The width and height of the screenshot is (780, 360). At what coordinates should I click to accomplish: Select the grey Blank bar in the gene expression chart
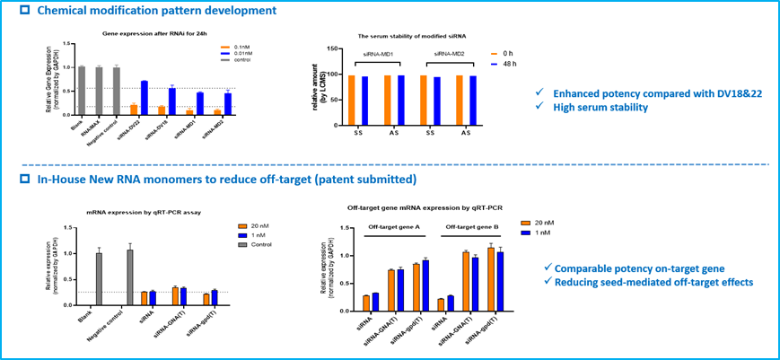pos(82,91)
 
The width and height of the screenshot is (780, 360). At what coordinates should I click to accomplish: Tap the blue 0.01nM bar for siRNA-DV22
pos(144,98)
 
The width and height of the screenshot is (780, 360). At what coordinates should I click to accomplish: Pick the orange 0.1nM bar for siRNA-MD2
pos(218,112)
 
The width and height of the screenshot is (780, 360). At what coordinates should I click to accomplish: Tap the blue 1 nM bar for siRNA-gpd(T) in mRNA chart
pos(214,297)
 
